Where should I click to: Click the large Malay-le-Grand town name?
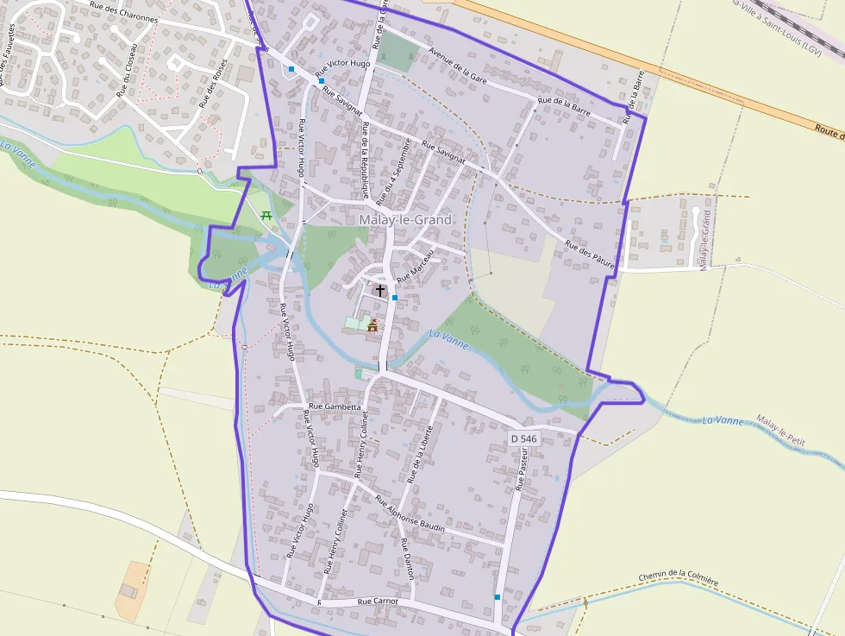pyautogui.click(x=404, y=220)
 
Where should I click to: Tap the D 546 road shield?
pyautogui.click(x=523, y=438)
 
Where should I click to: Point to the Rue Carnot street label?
pyautogui.click(x=379, y=601)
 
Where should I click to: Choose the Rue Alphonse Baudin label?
pyautogui.click(x=410, y=514)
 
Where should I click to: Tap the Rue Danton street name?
pyautogui.click(x=407, y=558)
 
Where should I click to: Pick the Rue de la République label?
pyautogui.click(x=366, y=161)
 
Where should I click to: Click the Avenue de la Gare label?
pyautogui.click(x=459, y=61)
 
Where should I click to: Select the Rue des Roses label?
pyautogui.click(x=214, y=83)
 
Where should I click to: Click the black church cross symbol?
pyautogui.click(x=379, y=291)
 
